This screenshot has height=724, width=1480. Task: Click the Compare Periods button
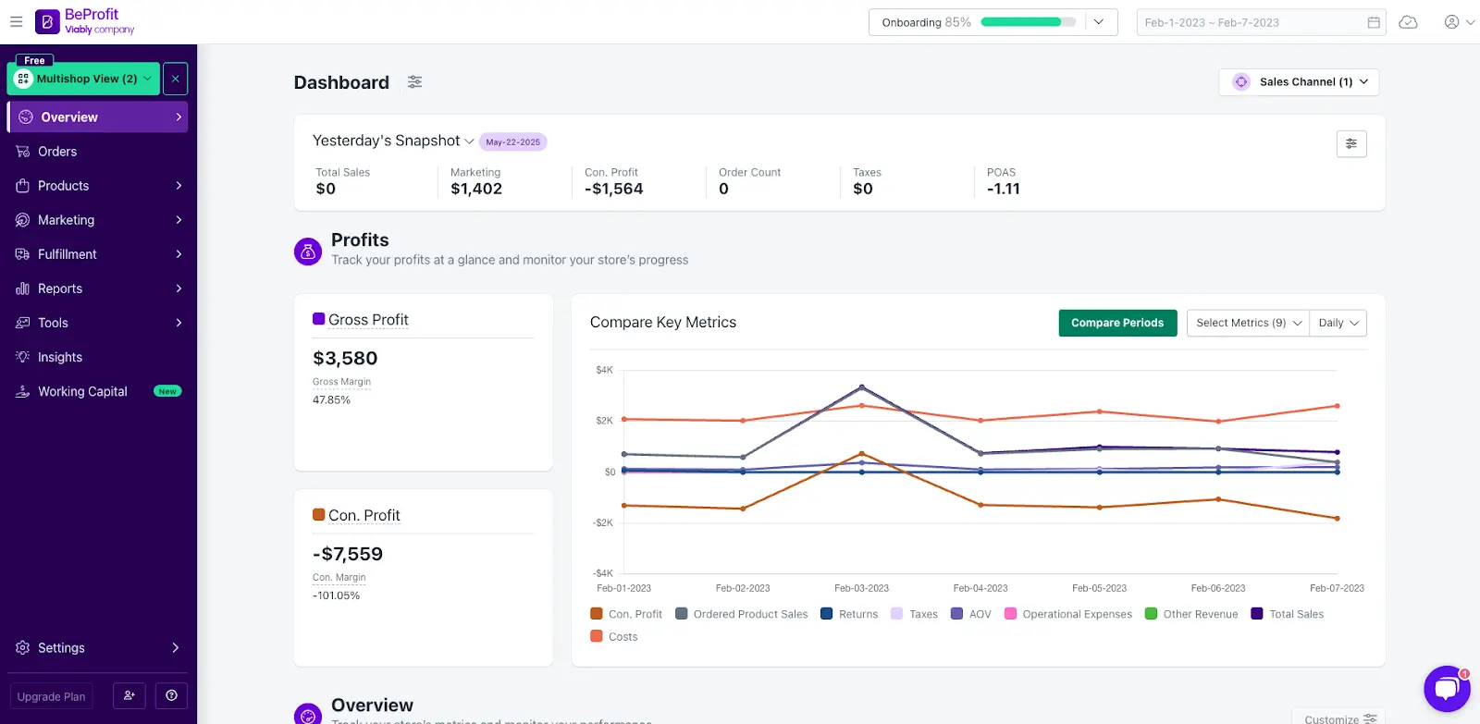1117,323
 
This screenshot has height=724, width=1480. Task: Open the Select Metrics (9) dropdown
1248,323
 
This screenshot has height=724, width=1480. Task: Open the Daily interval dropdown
1338,323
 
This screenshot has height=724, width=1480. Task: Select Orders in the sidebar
57,152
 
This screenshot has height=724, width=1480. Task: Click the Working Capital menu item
82,392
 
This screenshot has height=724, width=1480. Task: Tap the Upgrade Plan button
52,696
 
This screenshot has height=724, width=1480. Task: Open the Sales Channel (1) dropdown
1299,82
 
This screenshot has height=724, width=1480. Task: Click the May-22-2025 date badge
512,142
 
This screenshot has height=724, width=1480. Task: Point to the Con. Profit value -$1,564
613,189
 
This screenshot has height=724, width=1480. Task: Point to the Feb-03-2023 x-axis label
861,588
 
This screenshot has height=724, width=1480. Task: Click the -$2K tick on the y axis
603,523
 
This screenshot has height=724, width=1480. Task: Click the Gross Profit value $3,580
345,359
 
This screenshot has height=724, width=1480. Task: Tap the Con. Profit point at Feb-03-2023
861,454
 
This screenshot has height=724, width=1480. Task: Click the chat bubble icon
1446,689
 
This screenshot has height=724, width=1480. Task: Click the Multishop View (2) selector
83,79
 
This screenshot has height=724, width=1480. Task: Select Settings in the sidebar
61,648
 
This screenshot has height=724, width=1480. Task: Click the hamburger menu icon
16,21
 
